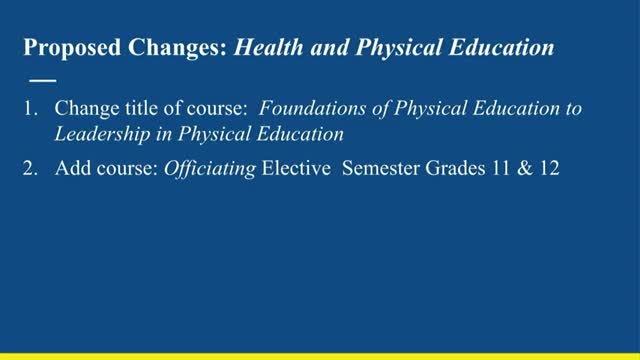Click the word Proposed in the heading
pyautogui.click(x=65, y=48)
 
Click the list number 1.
pyautogui.click(x=29, y=108)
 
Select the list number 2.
pyautogui.click(x=29, y=171)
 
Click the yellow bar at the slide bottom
pyautogui.click(x=320, y=356)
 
